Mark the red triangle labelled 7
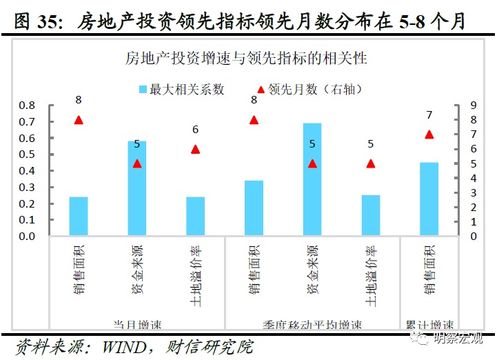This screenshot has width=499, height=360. coord(429,134)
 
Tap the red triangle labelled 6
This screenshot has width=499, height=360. coord(195,149)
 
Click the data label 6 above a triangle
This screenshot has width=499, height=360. coord(195,130)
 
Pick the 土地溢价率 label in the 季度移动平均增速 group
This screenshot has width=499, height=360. coord(370,269)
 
